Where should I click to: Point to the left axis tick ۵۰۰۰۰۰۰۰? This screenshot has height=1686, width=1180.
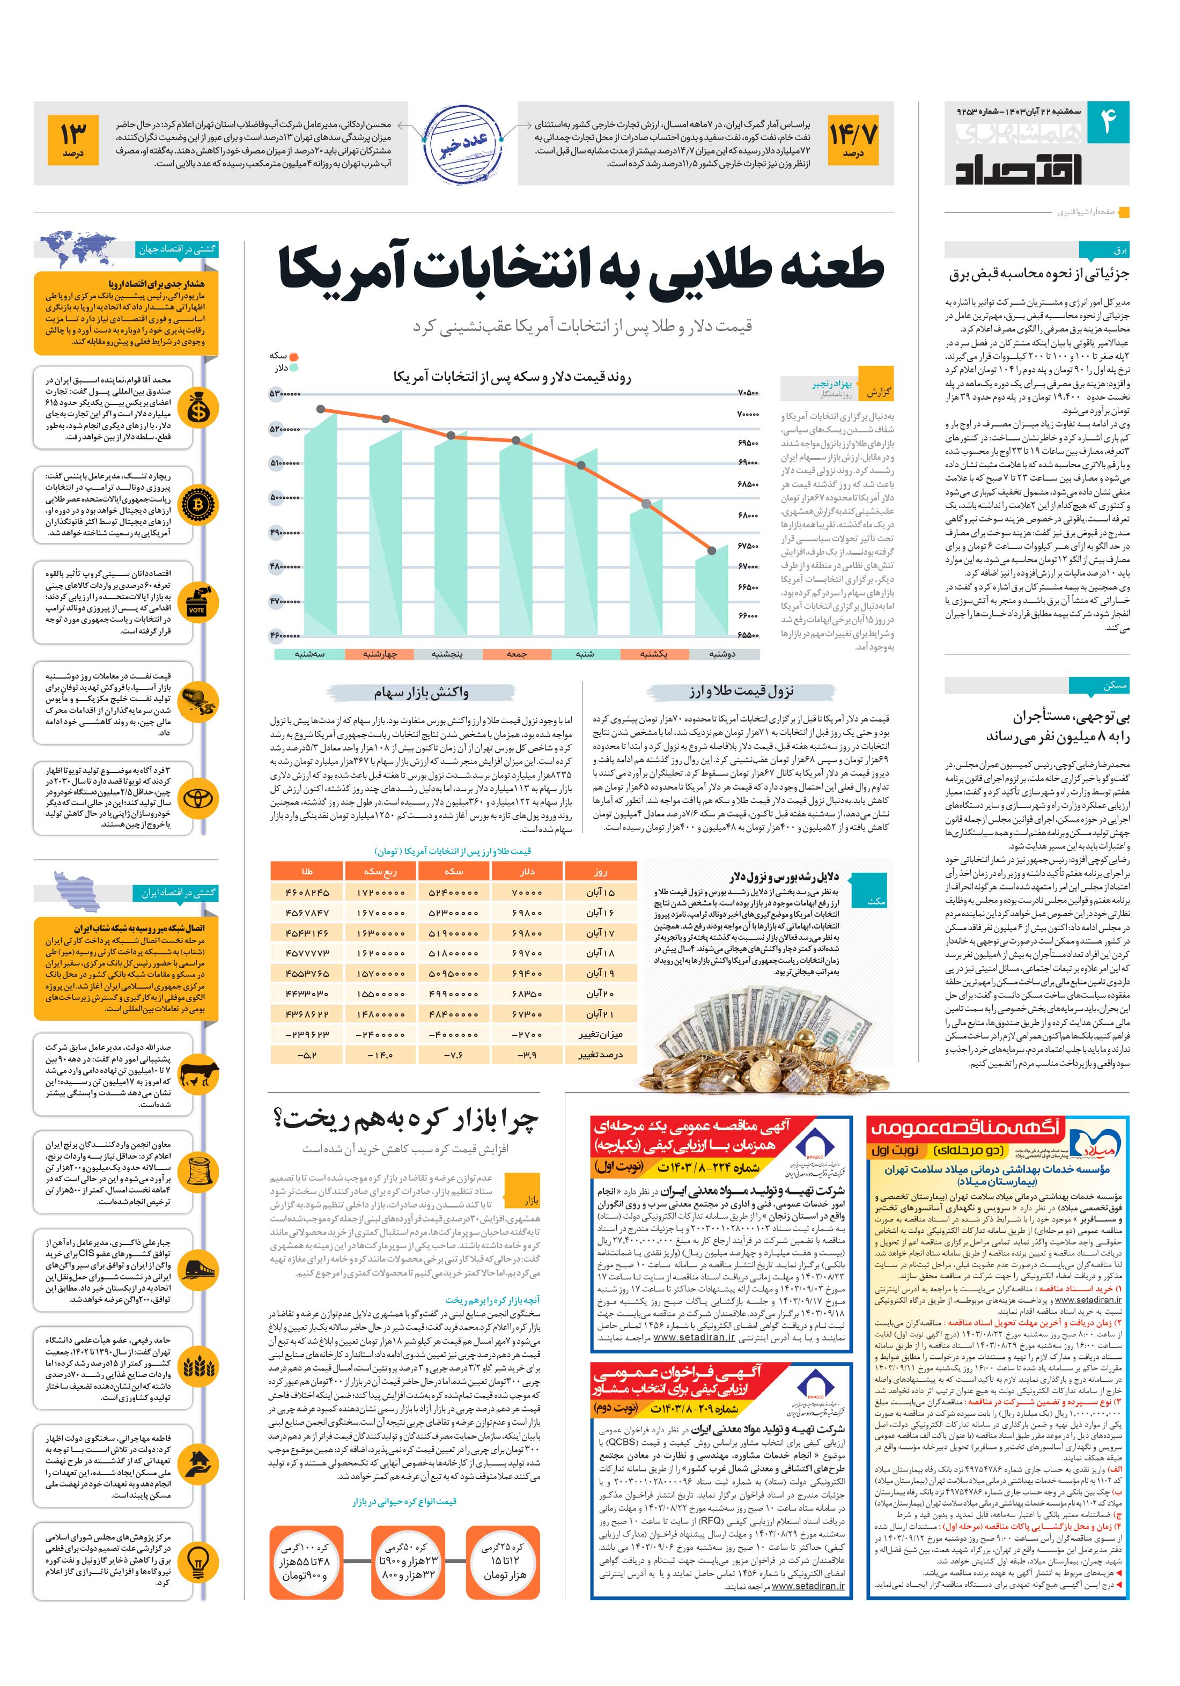click(284, 497)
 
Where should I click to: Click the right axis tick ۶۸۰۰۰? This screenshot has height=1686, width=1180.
click(748, 516)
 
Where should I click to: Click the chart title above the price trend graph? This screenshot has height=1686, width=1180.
click(512, 378)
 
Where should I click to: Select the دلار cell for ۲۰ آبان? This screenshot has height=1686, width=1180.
click(527, 993)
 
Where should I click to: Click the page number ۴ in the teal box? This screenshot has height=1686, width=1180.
click(1107, 123)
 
